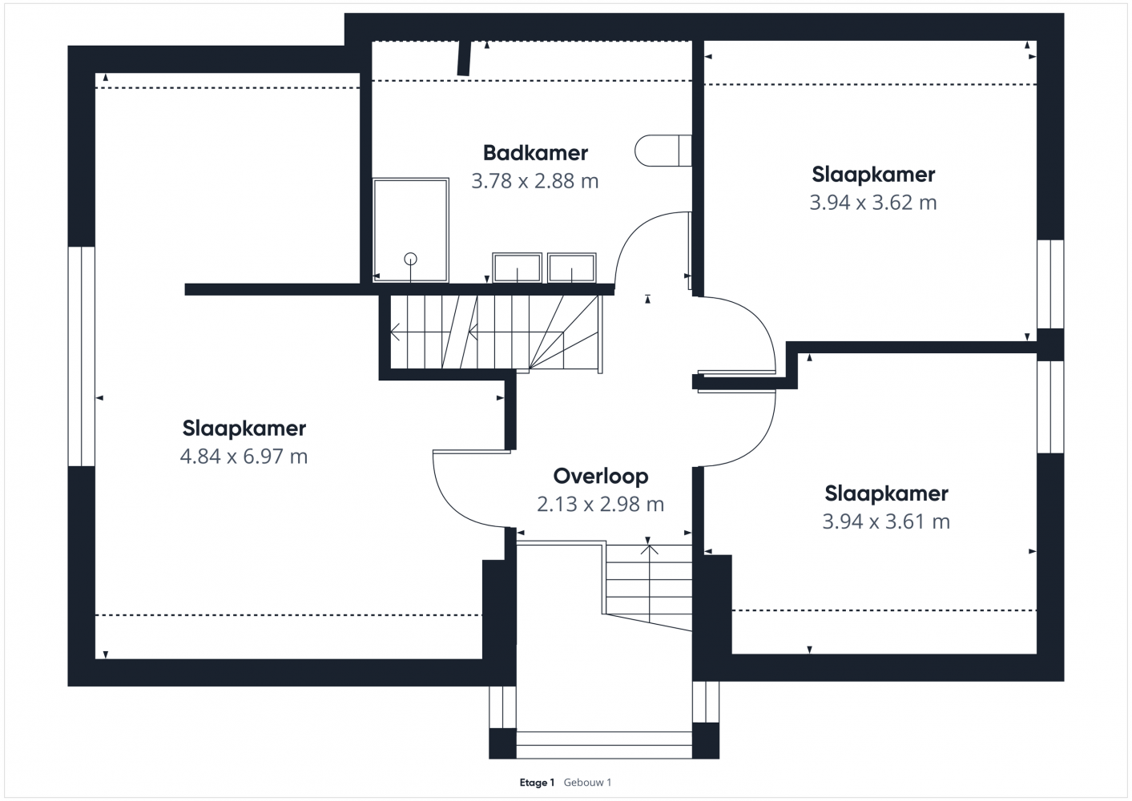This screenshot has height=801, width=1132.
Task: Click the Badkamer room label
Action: tap(535, 153)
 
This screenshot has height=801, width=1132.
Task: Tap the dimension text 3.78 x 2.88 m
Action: tap(534, 181)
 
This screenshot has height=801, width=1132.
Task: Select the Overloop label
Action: tap(600, 476)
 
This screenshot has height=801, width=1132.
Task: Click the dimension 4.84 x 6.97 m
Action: tap(244, 457)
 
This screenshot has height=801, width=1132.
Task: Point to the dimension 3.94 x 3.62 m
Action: tap(872, 203)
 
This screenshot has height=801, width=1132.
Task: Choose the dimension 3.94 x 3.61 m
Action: tap(886, 521)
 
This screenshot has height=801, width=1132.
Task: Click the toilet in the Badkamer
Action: tap(663, 151)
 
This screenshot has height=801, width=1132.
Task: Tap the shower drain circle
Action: tap(410, 259)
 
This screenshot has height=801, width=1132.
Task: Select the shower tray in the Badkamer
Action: tap(410, 230)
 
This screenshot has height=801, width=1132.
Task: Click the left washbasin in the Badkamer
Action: tap(517, 268)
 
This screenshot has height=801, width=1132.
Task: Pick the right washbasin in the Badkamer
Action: tap(571, 268)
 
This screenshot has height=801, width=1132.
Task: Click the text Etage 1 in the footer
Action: tap(537, 783)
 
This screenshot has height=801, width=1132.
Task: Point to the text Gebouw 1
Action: tap(587, 783)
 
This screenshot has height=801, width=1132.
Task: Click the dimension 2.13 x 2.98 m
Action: tap(600, 505)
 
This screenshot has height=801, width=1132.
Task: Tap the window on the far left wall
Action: tap(82, 356)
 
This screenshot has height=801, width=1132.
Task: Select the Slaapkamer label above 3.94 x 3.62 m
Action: tap(873, 175)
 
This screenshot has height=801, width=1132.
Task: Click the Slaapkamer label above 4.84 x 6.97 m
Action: tap(244, 429)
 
